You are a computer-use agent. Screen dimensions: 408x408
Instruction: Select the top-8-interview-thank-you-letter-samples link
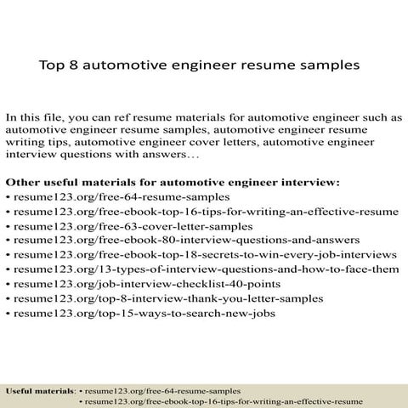[168, 298]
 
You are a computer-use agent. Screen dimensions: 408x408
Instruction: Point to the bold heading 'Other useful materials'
[76, 181]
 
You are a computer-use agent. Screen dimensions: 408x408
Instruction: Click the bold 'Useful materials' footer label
[40, 389]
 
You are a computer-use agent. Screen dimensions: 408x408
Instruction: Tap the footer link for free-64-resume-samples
[162, 389]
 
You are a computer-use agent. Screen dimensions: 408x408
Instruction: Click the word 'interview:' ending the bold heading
[314, 181]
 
